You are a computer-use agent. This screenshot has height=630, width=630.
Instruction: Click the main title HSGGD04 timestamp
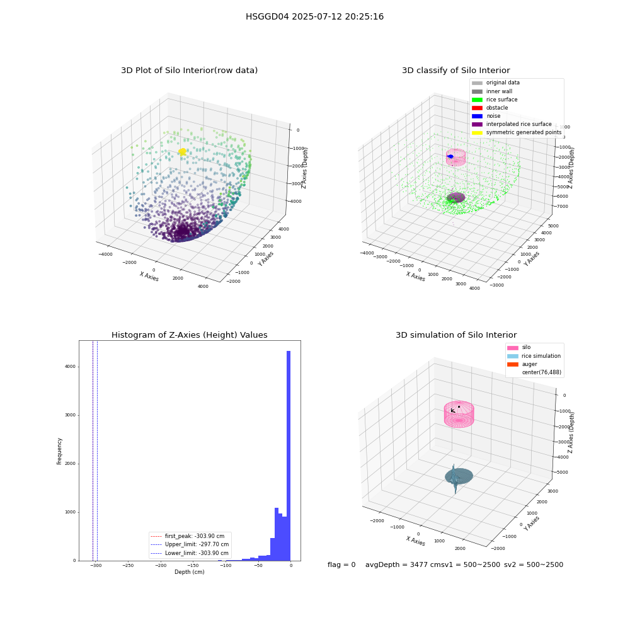(x=314, y=16)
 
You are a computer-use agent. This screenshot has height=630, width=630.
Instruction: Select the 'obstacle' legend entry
(x=490, y=108)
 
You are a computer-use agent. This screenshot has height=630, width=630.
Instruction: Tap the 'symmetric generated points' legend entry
(x=517, y=132)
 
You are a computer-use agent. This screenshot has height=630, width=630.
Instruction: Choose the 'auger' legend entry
(x=522, y=364)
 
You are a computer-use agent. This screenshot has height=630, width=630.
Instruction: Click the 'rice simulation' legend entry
(x=534, y=356)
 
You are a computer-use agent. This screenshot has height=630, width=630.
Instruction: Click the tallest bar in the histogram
(x=289, y=455)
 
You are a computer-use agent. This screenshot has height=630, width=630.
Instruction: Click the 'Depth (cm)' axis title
(x=190, y=572)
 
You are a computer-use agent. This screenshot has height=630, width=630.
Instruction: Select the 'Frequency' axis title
(x=59, y=451)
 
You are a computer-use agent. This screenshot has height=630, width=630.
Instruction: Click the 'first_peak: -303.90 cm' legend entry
(x=187, y=536)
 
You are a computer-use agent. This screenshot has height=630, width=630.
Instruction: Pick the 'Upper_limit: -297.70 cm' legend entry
(x=189, y=544)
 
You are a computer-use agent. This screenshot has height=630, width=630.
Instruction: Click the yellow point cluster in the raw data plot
(x=183, y=151)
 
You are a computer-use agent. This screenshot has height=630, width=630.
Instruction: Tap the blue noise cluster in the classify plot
(x=450, y=156)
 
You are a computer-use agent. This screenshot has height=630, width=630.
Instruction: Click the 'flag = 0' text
(x=341, y=564)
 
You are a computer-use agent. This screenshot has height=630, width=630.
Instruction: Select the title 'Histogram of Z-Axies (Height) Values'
(x=189, y=335)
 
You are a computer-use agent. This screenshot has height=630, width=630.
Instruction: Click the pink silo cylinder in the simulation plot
(x=459, y=415)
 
